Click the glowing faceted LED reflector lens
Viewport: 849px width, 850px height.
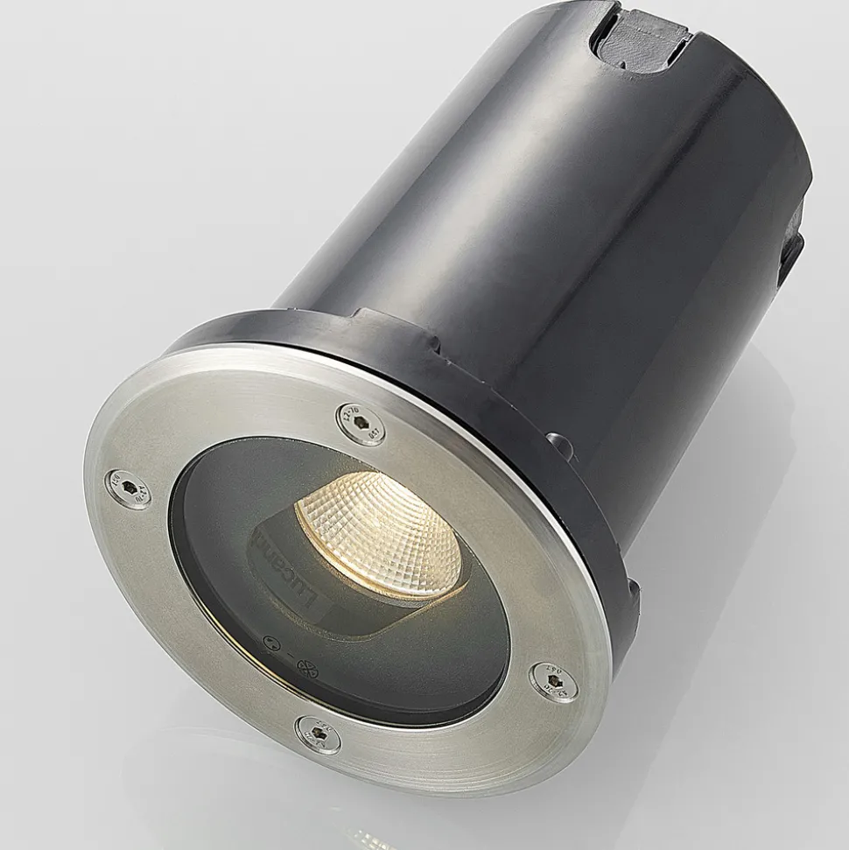pyautogui.click(x=380, y=535)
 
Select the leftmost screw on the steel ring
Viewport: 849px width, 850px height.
pyautogui.click(x=127, y=488)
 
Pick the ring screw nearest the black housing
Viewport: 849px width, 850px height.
pyautogui.click(x=361, y=423)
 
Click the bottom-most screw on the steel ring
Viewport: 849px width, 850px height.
pyautogui.click(x=317, y=734)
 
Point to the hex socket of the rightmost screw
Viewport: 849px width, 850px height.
pyautogui.click(x=555, y=682)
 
